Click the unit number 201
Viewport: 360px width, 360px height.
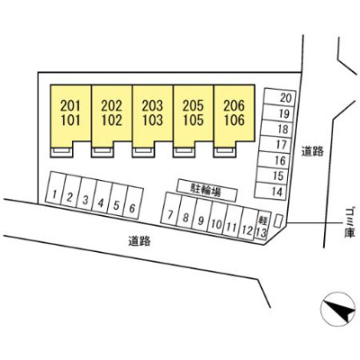coord(71,105)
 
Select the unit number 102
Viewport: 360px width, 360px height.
coord(112,120)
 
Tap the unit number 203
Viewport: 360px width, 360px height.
coord(152,105)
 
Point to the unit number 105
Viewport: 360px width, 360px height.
coord(193,120)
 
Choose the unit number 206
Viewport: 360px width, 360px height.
coord(234,105)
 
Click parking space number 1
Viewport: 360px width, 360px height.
coord(55,188)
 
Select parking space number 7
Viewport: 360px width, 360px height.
coord(170,210)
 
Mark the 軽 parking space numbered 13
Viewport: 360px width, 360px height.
coord(261,227)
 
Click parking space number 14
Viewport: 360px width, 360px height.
coord(273,190)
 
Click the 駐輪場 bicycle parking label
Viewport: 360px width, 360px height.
coord(207,191)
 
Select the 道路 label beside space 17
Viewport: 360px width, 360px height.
coord(312,151)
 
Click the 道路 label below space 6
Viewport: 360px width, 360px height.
coord(139,241)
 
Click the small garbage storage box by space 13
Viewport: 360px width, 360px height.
coord(279,220)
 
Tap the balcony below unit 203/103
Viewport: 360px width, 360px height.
coord(143,152)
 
